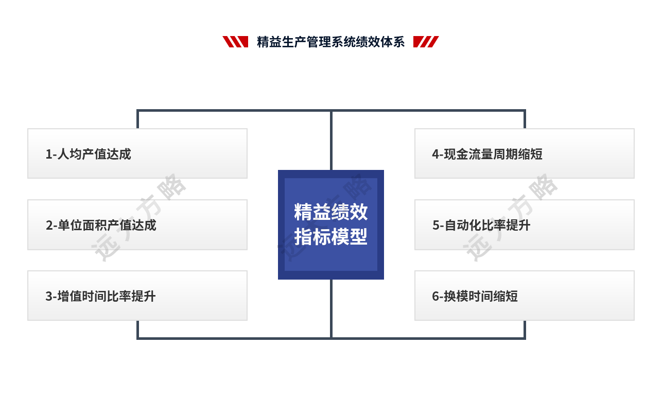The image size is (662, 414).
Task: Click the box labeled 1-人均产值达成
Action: tap(137, 153)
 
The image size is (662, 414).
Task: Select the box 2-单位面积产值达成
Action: tap(137, 225)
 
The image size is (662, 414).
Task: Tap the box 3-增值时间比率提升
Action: tap(137, 296)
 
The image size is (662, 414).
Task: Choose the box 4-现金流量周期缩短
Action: tap(524, 153)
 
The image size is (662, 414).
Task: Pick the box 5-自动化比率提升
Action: tap(524, 225)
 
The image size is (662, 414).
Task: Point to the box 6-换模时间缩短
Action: tap(524, 296)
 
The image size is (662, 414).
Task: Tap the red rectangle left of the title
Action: tap(235, 42)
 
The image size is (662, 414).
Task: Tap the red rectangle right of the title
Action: tap(426, 42)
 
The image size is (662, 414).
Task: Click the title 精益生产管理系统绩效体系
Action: tap(330, 42)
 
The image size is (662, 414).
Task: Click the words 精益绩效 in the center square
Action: tap(330, 212)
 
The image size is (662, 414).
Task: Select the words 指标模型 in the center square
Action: tap(330, 237)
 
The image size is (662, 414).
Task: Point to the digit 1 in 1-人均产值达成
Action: tap(48, 154)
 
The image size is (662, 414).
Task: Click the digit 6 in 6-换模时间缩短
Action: tap(435, 297)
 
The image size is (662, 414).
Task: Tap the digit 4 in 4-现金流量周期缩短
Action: tap(435, 154)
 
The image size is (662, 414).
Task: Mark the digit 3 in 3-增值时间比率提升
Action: tap(48, 297)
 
